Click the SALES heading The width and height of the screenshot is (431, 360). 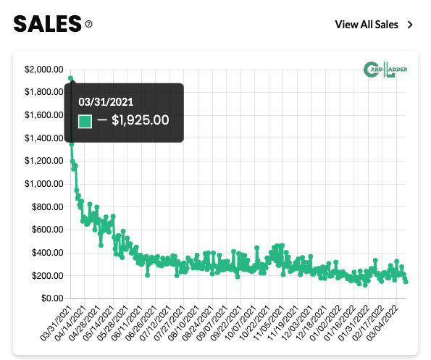tap(46, 24)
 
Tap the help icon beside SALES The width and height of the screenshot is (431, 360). tap(89, 24)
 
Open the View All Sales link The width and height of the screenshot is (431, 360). tap(367, 25)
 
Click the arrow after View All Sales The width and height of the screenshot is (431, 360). tap(411, 25)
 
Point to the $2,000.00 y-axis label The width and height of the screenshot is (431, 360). tap(43, 70)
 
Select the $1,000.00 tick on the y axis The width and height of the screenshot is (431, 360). tap(43, 184)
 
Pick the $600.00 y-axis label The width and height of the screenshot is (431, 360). tap(46, 230)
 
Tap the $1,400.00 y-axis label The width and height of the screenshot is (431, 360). tap(43, 138)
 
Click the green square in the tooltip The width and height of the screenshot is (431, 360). tap(85, 121)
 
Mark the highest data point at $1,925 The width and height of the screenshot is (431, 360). tap(70, 78)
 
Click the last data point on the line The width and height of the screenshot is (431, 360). tap(406, 281)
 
